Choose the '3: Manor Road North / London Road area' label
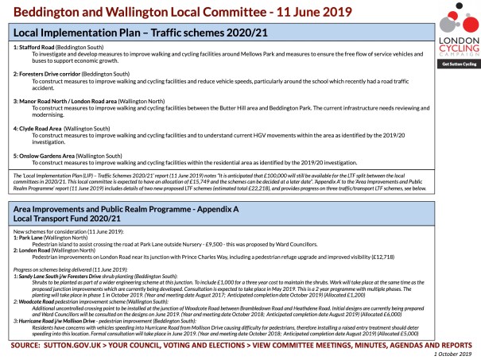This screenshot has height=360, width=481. [x=64, y=102]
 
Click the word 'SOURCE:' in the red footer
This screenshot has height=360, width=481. [x=29, y=345]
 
